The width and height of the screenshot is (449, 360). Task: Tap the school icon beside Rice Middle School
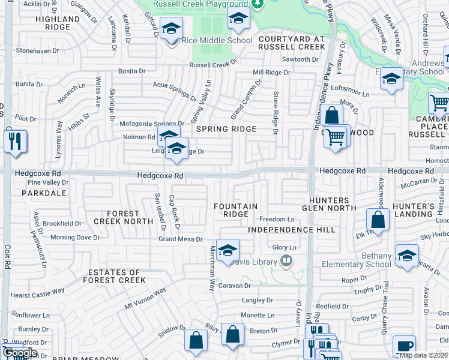click(171, 29)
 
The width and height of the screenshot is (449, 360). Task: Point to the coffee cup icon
click(404, 346)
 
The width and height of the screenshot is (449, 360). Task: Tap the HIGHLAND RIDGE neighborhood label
click(58, 23)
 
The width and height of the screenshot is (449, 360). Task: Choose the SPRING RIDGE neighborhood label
click(226, 129)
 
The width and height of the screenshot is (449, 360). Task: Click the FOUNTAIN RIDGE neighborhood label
click(236, 210)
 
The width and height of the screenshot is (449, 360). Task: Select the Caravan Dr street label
click(234, 286)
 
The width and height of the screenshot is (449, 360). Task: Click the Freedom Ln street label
click(277, 220)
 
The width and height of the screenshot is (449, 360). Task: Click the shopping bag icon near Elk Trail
click(378, 220)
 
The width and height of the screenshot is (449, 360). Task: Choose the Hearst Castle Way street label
click(37, 293)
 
